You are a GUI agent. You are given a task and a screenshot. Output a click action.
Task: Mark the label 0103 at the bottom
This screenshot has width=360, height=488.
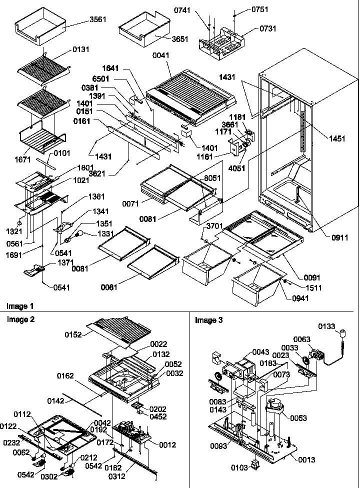click(x=238, y=467)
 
